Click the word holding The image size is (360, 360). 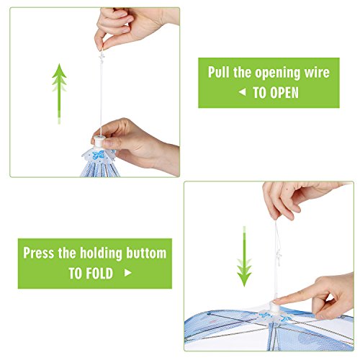(101, 253)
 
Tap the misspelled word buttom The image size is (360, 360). (146, 253)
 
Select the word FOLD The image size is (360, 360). (99, 273)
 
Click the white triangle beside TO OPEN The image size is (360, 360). (243, 92)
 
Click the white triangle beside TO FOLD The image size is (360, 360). (128, 273)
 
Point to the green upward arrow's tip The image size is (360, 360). (59, 64)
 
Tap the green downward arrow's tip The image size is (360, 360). (244, 287)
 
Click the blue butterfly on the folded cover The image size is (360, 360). (99, 155)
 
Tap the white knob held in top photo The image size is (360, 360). (99, 141)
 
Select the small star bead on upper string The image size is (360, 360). (102, 57)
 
